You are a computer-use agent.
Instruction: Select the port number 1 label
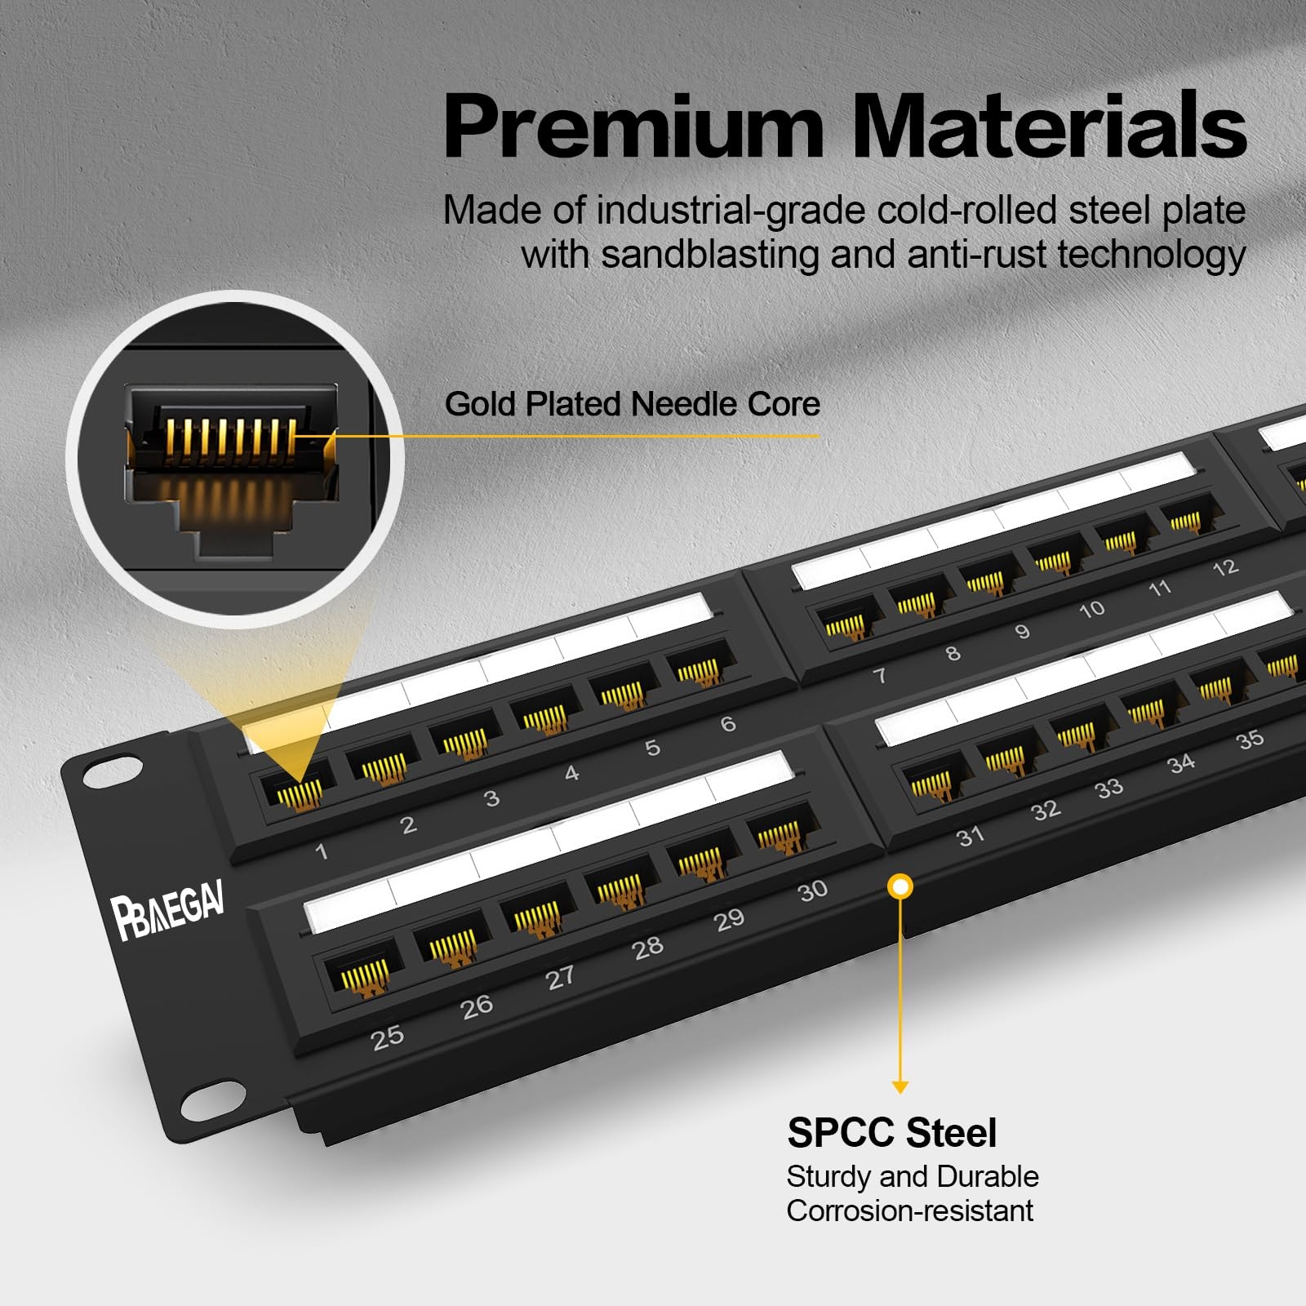tap(322, 851)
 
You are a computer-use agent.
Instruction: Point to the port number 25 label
tap(388, 1037)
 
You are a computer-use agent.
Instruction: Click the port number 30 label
tap(813, 890)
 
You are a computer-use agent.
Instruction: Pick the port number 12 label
tap(1225, 568)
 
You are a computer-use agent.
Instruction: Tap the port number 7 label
tap(880, 675)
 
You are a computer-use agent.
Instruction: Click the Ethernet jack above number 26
tap(451, 943)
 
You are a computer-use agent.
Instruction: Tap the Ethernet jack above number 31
tap(931, 784)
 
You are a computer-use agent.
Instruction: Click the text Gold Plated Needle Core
tap(632, 404)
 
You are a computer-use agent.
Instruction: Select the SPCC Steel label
tap(891, 1133)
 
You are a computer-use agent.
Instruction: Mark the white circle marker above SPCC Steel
tap(900, 886)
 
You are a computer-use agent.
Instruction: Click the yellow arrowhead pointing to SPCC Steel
tap(900, 1087)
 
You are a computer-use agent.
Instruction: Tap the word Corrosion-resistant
tap(909, 1210)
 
